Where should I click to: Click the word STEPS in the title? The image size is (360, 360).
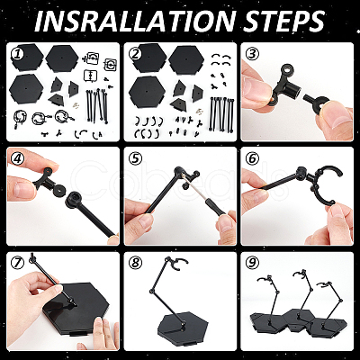283,22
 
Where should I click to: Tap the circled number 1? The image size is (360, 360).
17,54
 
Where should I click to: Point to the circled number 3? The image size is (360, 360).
252,54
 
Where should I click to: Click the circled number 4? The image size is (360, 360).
17,158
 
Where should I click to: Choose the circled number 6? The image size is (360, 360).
252,158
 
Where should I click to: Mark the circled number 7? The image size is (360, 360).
17,263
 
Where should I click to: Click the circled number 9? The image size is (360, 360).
252,263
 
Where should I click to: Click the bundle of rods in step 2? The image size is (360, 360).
222,114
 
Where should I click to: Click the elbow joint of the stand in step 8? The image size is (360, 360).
150,291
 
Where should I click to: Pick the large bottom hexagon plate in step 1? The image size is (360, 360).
26,88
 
